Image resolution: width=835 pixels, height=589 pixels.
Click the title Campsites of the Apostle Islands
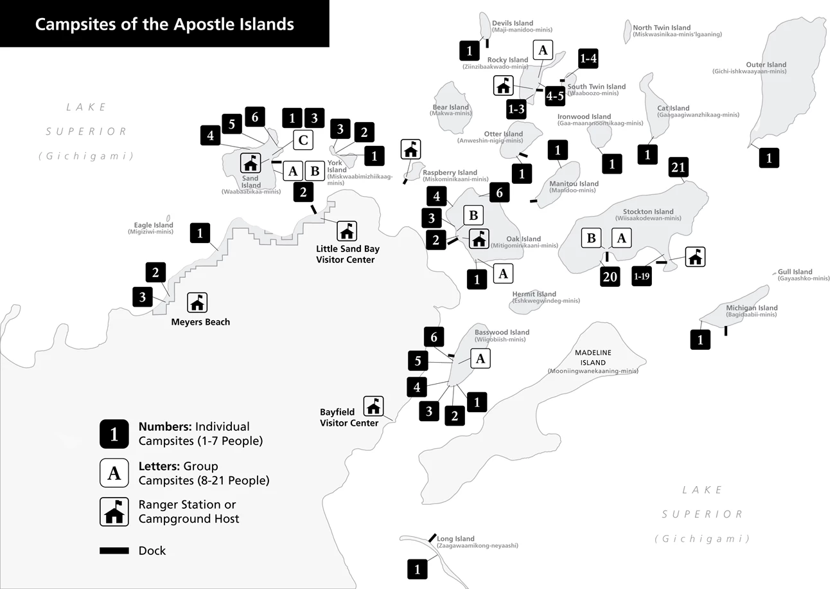(164, 24)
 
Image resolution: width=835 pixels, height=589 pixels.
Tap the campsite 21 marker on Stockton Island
(678, 167)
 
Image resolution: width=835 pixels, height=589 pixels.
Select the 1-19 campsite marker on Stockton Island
(642, 276)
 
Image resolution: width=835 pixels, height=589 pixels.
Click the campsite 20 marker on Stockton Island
(610, 277)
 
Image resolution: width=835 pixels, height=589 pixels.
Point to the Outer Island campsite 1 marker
(769, 158)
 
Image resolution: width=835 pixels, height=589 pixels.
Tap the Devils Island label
(513, 23)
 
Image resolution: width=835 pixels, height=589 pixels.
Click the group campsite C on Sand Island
(303, 140)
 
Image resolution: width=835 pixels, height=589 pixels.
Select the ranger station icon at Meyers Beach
(197, 302)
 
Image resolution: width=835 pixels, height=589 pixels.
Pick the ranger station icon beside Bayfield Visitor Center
(373, 406)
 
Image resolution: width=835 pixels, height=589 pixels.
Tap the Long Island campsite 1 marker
(418, 569)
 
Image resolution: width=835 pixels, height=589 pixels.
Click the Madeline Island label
(593, 358)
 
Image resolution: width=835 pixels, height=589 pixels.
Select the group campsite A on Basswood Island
(480, 358)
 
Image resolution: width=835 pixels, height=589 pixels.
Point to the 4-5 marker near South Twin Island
(555, 96)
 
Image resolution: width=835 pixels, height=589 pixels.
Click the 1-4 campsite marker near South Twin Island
(588, 59)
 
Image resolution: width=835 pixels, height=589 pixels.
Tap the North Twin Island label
(662, 28)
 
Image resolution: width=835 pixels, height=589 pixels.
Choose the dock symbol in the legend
(114, 551)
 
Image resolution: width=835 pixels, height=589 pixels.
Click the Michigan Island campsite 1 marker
(701, 340)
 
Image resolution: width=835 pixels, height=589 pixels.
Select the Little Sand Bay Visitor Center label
(347, 254)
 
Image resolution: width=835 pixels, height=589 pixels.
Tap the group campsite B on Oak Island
(473, 215)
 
